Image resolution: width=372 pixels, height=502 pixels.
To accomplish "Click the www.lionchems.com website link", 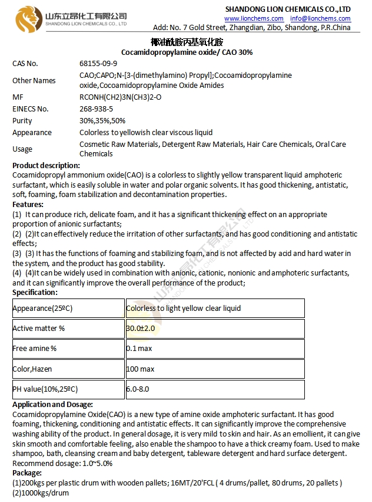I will (x=254, y=18).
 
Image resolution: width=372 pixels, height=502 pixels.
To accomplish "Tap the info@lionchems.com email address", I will (x=320, y=18).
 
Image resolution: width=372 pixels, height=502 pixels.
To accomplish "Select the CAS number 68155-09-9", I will (x=98, y=64).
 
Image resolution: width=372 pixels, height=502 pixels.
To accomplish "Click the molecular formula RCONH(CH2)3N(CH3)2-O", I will (x=120, y=97).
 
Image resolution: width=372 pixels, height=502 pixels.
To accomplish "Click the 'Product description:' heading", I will (x=46, y=165).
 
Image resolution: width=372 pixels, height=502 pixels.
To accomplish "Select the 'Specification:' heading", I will (x=35, y=292).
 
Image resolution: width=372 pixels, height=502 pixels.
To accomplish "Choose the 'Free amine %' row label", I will (x=35, y=348).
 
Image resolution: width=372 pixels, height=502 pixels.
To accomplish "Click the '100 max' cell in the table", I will (x=140, y=369).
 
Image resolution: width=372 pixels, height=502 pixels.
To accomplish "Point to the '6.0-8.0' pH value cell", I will (x=138, y=389).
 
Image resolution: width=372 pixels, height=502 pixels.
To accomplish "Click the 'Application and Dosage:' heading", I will (x=52, y=404).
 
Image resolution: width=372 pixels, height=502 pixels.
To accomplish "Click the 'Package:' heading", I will (x=27, y=473).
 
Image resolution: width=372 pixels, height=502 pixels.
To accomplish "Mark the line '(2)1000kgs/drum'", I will (x=41, y=492).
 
